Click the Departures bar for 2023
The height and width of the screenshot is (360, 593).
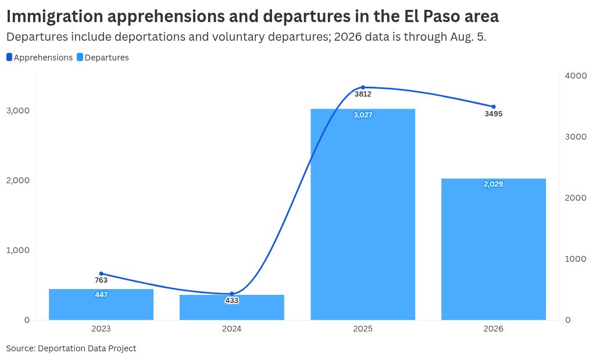[101, 304]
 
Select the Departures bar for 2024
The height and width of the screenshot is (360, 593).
[232, 308]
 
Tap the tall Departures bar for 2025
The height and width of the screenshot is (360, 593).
[363, 215]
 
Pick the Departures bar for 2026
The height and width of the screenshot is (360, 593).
[494, 249]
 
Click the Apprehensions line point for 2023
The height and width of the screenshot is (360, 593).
[101, 273]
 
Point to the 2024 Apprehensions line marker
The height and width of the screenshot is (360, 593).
[232, 294]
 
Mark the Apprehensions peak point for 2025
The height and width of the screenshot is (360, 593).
[363, 87]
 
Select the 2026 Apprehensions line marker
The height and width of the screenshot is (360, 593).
[494, 106]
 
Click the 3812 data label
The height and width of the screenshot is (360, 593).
[363, 94]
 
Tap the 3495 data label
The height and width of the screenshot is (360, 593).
[494, 114]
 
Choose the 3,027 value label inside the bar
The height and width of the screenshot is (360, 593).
[363, 115]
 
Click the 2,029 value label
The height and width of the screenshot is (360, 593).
[494, 184]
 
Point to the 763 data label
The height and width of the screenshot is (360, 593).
[101, 280]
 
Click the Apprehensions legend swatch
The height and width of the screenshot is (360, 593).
[9, 57]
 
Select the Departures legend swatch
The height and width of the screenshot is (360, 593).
[80, 57]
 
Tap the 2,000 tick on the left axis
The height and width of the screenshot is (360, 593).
[18, 180]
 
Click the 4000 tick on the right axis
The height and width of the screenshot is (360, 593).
[576, 76]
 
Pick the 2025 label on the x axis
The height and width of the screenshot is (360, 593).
[363, 329]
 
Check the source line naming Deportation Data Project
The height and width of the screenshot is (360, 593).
[71, 348]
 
